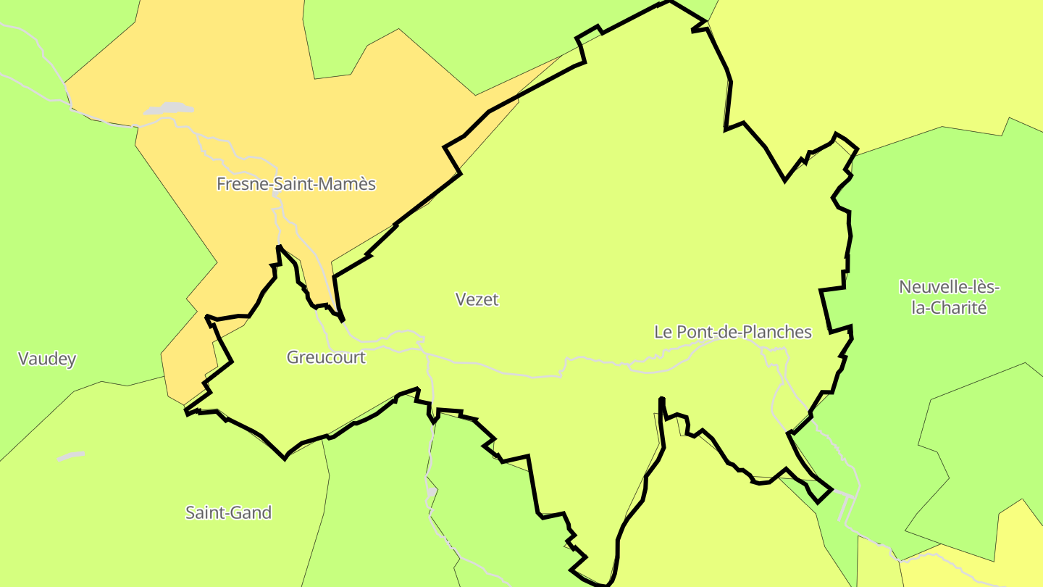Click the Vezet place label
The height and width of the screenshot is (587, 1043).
[477, 299]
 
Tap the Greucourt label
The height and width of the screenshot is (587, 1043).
[326, 357]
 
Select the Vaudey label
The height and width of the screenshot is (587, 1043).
[47, 359]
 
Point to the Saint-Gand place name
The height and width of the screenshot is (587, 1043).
[229, 513]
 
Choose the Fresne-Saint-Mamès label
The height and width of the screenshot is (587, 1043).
[296, 184]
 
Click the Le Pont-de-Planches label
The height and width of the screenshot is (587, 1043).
[733, 332]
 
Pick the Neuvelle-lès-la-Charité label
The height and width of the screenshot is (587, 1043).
[949, 297]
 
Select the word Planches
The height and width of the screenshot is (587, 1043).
[782, 332]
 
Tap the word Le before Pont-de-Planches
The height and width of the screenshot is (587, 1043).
[663, 332]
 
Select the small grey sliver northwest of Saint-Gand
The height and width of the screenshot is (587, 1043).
[71, 457]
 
